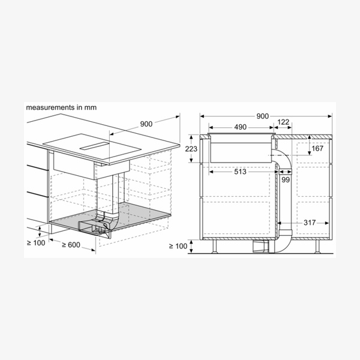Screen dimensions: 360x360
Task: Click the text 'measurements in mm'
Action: point(61,107)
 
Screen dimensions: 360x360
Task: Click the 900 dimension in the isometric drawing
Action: point(146,124)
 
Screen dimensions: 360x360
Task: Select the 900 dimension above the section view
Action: point(262,116)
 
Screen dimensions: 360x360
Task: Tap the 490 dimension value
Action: point(241,127)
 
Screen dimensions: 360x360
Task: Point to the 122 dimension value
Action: point(283,122)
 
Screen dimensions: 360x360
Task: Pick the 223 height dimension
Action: point(191,149)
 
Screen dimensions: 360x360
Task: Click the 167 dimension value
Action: point(317,148)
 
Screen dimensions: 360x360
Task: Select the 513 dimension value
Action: point(241,172)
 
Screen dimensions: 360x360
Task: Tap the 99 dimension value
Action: point(286,179)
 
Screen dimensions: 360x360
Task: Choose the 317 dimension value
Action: point(309,223)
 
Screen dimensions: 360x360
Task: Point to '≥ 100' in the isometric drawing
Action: point(37,242)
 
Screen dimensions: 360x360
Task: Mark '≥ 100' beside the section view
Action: point(178,247)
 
